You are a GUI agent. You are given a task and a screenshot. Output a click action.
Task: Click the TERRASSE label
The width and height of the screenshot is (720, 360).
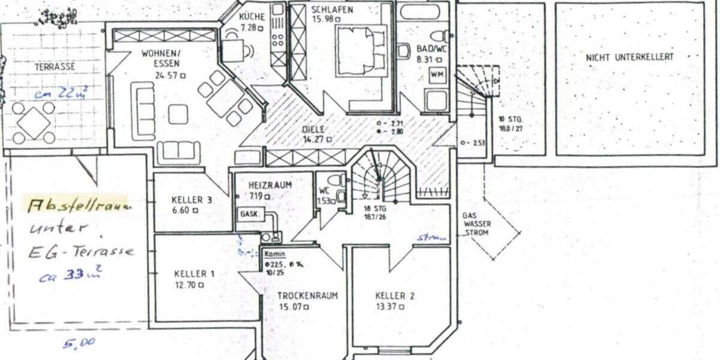point(55,67)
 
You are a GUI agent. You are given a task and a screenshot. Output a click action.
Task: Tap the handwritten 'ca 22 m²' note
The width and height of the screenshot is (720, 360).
point(61,93)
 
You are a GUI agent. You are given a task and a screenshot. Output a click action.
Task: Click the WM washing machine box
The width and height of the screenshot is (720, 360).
point(436,74)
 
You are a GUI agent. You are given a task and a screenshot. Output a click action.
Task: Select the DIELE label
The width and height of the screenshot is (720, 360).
point(313,129)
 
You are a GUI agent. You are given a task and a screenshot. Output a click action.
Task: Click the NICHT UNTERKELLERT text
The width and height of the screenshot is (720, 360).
point(629,58)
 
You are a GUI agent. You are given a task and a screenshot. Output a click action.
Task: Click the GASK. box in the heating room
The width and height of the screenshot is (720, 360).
point(249,214)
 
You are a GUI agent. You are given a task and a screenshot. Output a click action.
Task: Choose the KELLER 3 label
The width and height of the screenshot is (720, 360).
point(191,200)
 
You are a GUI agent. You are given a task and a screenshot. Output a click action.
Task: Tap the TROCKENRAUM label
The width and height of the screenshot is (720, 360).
point(307,296)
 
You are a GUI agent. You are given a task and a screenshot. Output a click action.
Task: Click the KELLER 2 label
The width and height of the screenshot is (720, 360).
point(395,296)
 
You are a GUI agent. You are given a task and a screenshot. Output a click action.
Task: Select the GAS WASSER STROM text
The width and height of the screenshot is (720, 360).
point(477,223)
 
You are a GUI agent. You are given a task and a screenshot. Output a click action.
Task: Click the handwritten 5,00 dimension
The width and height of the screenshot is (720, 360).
point(79,343)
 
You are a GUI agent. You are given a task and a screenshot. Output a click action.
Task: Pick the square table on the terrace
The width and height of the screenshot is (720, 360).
point(34,123)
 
